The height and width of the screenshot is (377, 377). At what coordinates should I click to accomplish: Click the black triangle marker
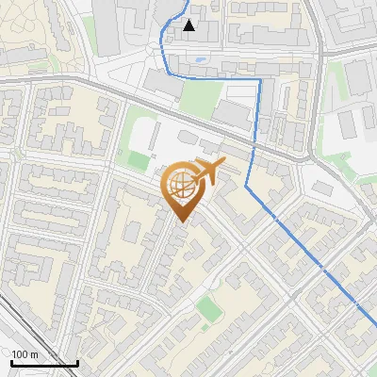pos(189,25)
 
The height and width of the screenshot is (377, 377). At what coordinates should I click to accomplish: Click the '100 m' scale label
pos(25,354)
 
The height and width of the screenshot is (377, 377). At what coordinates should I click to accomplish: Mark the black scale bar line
pos(44,363)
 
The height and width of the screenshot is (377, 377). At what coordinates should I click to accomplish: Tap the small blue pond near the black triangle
pos(201,59)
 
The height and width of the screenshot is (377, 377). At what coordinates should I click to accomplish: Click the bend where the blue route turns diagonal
pos(249,187)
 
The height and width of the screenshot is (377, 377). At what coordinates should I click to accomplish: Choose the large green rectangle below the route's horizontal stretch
pos(200,98)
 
